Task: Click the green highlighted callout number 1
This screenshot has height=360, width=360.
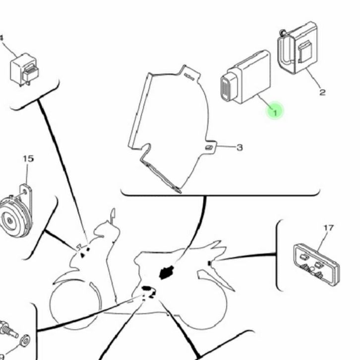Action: (275, 111)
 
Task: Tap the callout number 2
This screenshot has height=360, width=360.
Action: (322, 92)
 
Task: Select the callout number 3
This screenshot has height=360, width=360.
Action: (240, 147)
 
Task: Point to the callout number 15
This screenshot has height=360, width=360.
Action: (28, 159)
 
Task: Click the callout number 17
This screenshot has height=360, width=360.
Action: (328, 228)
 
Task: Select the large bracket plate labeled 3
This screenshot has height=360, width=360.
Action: (169, 124)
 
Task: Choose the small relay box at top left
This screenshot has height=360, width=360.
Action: (24, 69)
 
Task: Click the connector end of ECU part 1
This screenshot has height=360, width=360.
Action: (228, 89)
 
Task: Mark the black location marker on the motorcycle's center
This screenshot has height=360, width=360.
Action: (165, 272)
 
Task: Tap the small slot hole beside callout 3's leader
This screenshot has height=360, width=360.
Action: (211, 147)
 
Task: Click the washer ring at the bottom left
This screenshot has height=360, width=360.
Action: (24, 342)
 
